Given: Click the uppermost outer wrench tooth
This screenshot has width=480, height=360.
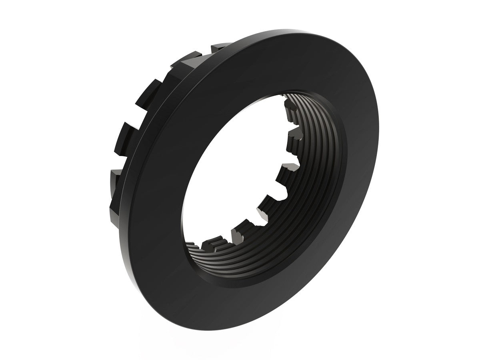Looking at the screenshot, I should pyautogui.click(x=220, y=47).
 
